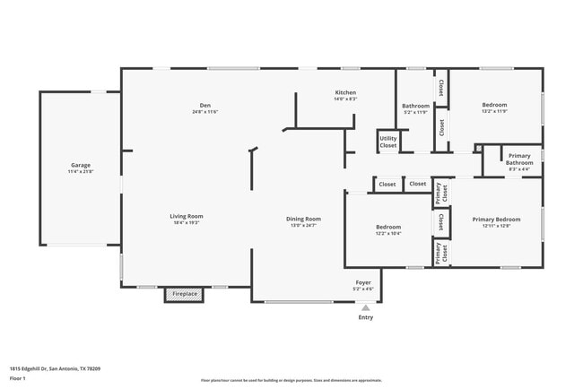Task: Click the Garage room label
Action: point(81,165)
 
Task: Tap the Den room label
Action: point(204,105)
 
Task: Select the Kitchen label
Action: point(346,92)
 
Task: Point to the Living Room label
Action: point(187,216)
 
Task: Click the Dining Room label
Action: point(303,219)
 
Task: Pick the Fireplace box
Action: point(185,294)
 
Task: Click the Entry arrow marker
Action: point(365,307)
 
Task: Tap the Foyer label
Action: point(363,282)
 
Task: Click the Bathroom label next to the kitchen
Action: point(416,106)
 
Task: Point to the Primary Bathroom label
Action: point(519,159)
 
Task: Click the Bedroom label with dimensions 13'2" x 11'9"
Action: point(494,105)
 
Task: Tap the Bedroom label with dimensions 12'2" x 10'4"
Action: point(388,227)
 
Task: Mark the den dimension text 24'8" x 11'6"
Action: point(204,112)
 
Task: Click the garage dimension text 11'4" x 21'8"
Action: point(81,171)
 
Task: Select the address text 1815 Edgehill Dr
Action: point(55,367)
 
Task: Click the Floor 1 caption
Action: point(18,378)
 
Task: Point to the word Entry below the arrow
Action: point(365,317)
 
